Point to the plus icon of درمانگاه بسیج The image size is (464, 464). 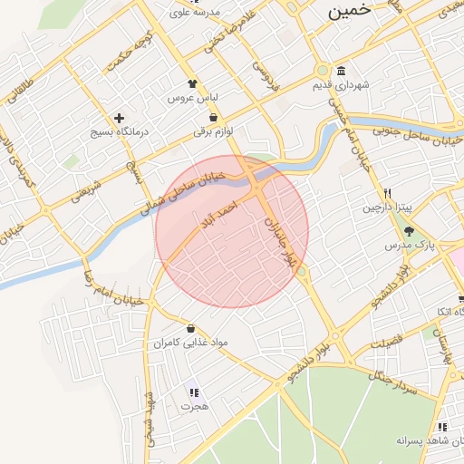pos(118,119)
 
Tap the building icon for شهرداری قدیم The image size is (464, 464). pos(341,72)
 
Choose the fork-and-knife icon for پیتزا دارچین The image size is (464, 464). pos(388,193)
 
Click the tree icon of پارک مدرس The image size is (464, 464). pos(409,230)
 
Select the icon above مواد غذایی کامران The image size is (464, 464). pos(190,328)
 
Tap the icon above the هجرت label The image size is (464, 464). pos(193,392)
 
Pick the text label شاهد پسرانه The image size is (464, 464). pos(423,440)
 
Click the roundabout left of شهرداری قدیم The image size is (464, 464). pos(322,71)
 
